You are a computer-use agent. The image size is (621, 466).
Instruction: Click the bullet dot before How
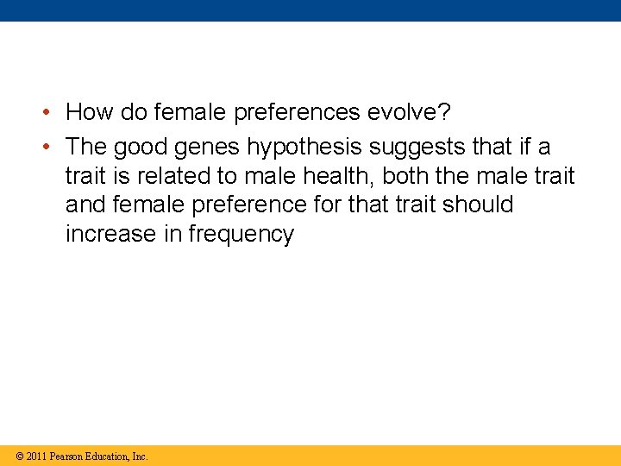[x=51, y=113]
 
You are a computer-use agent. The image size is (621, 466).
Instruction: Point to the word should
[x=479, y=205]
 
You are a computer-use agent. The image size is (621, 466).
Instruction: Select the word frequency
[x=241, y=234]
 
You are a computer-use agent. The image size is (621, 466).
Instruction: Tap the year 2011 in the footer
[x=36, y=456]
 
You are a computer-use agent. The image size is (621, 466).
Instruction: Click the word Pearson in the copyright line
[x=67, y=456]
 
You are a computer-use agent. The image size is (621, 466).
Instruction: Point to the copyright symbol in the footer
[x=19, y=456]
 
